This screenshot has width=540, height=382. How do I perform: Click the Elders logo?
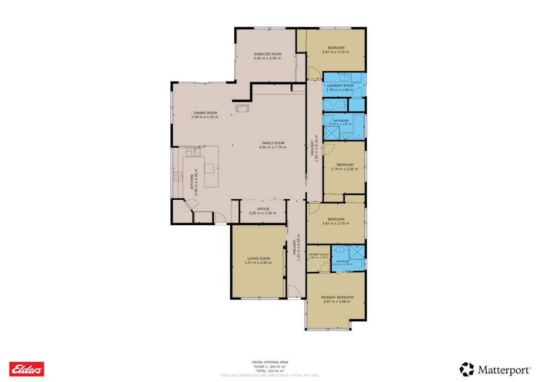(27, 369)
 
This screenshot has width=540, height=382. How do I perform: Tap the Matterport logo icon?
(466, 370)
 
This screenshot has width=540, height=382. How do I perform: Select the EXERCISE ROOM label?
(267, 54)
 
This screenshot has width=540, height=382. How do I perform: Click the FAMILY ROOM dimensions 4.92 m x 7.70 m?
(272, 147)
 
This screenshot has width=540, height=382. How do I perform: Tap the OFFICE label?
(263, 209)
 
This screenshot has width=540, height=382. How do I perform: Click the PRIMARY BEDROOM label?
(337, 297)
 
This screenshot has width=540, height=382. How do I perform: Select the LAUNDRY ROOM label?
(340, 85)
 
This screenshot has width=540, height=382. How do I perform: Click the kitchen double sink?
(191, 152)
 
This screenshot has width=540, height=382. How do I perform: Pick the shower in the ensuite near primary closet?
(356, 252)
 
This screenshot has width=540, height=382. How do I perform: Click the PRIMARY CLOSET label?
(319, 255)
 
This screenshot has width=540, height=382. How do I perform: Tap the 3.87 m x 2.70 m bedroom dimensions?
(336, 224)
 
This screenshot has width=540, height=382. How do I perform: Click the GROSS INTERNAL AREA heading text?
(270, 362)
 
